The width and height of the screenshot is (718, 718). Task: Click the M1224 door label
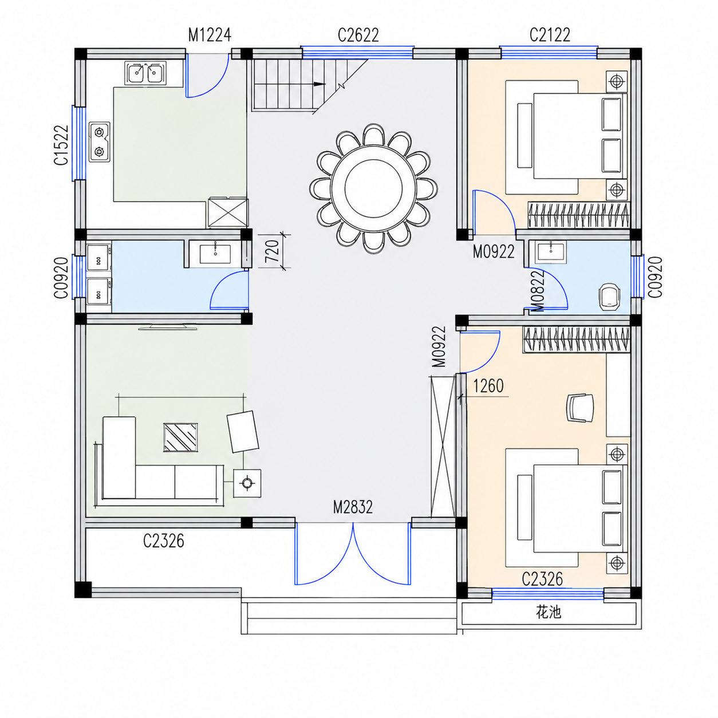pyautogui.click(x=210, y=35)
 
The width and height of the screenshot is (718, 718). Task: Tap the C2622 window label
pyautogui.click(x=358, y=35)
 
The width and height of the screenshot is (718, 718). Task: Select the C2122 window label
pyautogui.click(x=550, y=35)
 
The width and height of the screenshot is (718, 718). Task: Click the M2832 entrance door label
pyautogui.click(x=353, y=507)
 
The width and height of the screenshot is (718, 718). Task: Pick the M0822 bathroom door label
pyautogui.click(x=538, y=290)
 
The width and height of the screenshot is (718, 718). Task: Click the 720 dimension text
pyautogui.click(x=273, y=251)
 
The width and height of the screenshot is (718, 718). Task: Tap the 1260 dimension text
pyautogui.click(x=488, y=386)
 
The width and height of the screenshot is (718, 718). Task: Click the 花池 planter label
pyautogui.click(x=548, y=612)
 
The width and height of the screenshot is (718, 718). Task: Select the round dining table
pyautogui.click(x=373, y=188)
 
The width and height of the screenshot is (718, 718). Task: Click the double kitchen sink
pyautogui.click(x=147, y=72)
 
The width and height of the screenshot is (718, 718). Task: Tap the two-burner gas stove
pyautogui.click(x=100, y=141)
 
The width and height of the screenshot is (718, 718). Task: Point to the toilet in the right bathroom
pyautogui.click(x=609, y=296)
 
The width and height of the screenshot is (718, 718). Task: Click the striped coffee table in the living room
pyautogui.click(x=180, y=437)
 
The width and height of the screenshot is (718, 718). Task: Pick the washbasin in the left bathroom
pyautogui.click(x=215, y=254)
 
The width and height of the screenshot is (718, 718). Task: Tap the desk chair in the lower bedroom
pyautogui.click(x=580, y=408)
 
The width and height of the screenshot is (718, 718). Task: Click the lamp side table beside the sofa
pyautogui.click(x=247, y=483)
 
